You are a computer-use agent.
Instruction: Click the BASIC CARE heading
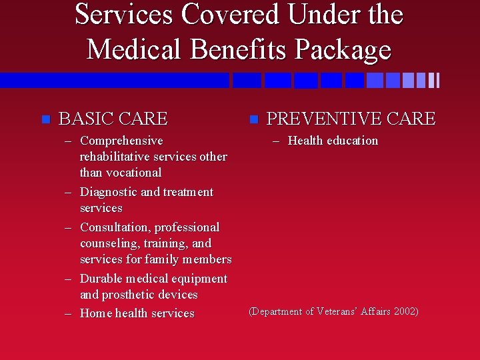point(113,119)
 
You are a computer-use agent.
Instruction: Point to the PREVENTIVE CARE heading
point(351,119)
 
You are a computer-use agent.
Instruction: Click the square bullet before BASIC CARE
point(45,119)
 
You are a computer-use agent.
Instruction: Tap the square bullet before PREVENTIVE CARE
point(253,119)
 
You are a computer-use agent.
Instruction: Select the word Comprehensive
point(121,141)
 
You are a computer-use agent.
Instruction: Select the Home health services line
point(137,313)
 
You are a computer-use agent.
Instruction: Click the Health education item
point(333,141)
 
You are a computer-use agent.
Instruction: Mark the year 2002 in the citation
point(405,312)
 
